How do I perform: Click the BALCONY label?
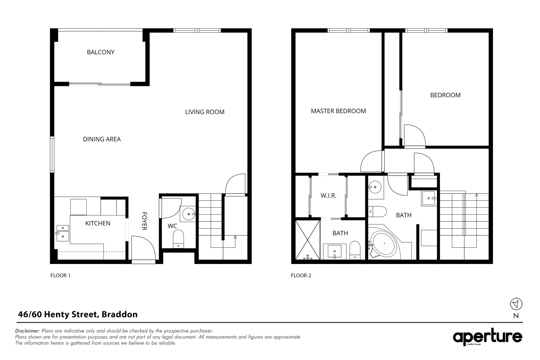coord(100,52)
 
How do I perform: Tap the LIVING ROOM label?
coord(205,112)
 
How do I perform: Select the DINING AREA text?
coord(102,139)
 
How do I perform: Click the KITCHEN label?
coord(98,223)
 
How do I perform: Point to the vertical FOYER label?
coord(144,221)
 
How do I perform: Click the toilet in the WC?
coord(178,240)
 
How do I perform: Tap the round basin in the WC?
coord(189,214)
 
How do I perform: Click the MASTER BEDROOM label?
coord(338,111)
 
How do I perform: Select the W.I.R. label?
coord(328,196)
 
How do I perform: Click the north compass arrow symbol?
coord(516,304)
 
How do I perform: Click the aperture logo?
coord(487,337)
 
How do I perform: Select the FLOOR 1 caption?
coord(60,275)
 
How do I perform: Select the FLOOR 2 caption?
coord(301,275)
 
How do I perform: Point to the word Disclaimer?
coord(28,331)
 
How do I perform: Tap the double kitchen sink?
coord(63,233)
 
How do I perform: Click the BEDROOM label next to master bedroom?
coord(445,95)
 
